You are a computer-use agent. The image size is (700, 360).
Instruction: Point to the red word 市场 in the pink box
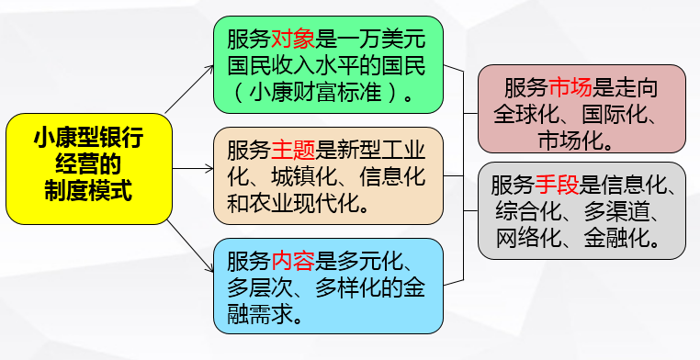coord(571,89)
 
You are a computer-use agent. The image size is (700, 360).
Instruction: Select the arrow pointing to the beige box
coord(194,168)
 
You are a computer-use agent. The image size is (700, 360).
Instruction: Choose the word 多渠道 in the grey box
coord(619,211)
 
